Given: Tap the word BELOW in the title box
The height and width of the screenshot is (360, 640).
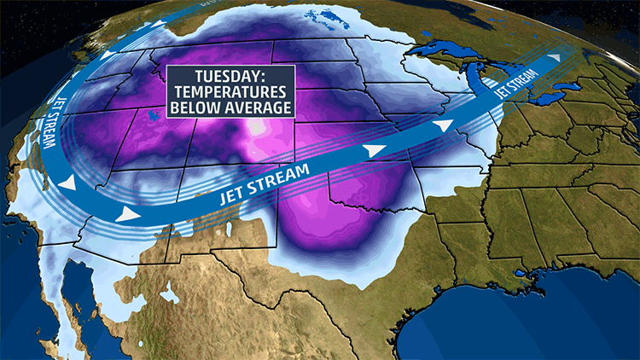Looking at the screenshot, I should [195, 107].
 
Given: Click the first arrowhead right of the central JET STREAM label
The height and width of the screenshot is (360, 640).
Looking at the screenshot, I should [369, 150].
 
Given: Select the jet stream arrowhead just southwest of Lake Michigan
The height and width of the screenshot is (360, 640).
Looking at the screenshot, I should [443, 125].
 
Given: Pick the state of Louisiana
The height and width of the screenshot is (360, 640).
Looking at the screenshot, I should [495, 256].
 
